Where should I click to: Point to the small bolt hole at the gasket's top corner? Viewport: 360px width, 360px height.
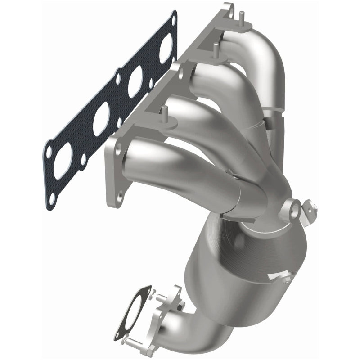pyautogui.click(x=173, y=18)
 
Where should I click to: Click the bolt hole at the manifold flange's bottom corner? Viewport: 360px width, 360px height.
pyautogui.click(x=120, y=195)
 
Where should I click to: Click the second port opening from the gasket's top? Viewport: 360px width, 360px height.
pyautogui.click(x=135, y=81)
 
